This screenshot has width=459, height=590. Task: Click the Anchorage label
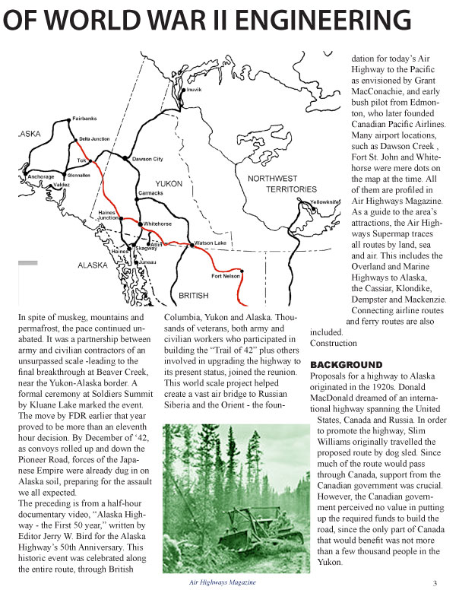tap(40, 176)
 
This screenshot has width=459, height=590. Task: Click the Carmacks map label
tap(153, 193)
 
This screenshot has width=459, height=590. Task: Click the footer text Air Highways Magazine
tap(223, 582)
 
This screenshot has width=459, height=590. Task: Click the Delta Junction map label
tap(94, 139)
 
